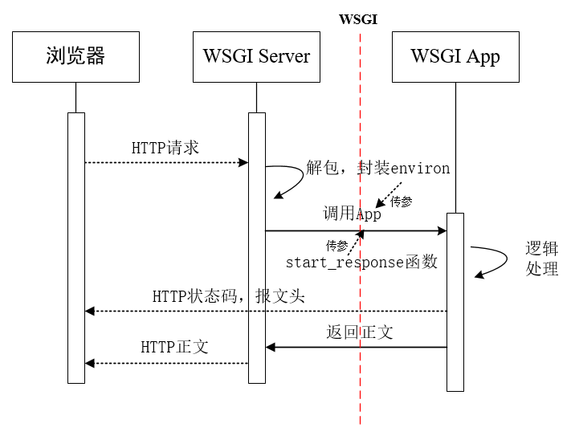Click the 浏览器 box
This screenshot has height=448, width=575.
click(x=75, y=57)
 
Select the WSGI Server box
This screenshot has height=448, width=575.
click(x=256, y=57)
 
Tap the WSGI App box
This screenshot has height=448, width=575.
click(x=455, y=57)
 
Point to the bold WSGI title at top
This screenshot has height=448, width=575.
click(x=358, y=19)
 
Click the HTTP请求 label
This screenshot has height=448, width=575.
click(x=165, y=149)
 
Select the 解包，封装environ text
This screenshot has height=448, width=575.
click(x=378, y=169)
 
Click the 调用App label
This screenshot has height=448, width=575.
click(x=352, y=214)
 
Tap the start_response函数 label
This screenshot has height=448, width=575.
click(x=361, y=263)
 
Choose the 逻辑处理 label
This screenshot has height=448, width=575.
click(x=541, y=258)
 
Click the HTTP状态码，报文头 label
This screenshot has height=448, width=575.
click(x=229, y=296)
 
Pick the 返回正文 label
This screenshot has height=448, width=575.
click(x=360, y=332)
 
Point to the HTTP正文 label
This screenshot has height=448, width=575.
click(x=175, y=347)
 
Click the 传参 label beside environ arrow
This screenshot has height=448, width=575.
click(x=401, y=202)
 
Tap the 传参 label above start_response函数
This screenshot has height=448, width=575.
click(x=337, y=245)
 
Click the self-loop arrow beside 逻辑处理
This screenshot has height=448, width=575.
click(x=491, y=261)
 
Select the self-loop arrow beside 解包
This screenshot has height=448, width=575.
click(x=285, y=181)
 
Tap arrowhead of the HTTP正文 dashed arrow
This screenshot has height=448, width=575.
click(x=90, y=363)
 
